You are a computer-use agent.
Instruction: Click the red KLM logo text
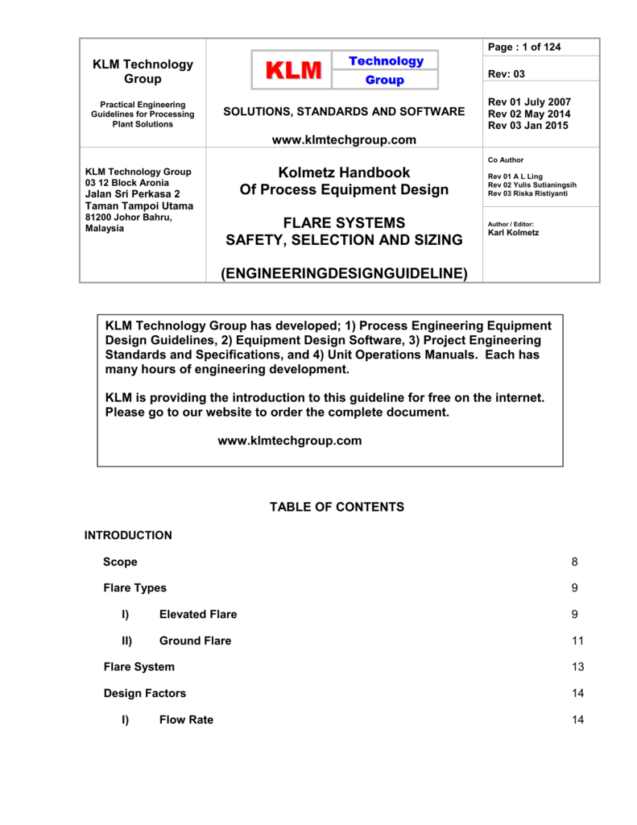pyautogui.click(x=292, y=71)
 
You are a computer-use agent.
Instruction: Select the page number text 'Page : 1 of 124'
pyautogui.click(x=524, y=48)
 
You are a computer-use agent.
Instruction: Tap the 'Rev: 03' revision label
pyautogui.click(x=507, y=74)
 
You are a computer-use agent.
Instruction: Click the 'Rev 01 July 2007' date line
pyautogui.click(x=529, y=102)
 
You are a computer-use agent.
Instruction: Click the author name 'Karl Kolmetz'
pyautogui.click(x=514, y=233)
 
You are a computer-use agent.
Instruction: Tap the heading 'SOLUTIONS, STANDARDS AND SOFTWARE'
pyautogui.click(x=344, y=112)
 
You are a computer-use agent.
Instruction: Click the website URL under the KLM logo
pyautogui.click(x=344, y=140)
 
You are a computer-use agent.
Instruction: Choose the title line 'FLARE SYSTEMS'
pyautogui.click(x=344, y=222)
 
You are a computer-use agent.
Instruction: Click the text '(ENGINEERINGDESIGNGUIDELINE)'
pyautogui.click(x=344, y=274)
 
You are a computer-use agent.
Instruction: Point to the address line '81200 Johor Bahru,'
pyautogui.click(x=129, y=217)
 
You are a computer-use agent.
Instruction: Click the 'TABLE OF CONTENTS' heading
pyautogui.click(x=337, y=507)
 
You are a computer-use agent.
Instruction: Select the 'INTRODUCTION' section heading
pyautogui.click(x=128, y=535)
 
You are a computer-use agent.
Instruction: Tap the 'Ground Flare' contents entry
pyautogui.click(x=195, y=641)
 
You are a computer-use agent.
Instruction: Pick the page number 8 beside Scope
pyautogui.click(x=574, y=562)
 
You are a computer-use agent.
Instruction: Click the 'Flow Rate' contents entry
pyautogui.click(x=186, y=719)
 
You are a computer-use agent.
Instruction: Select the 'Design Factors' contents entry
pyautogui.click(x=145, y=693)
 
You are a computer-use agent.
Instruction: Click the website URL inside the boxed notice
pyautogui.click(x=290, y=441)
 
